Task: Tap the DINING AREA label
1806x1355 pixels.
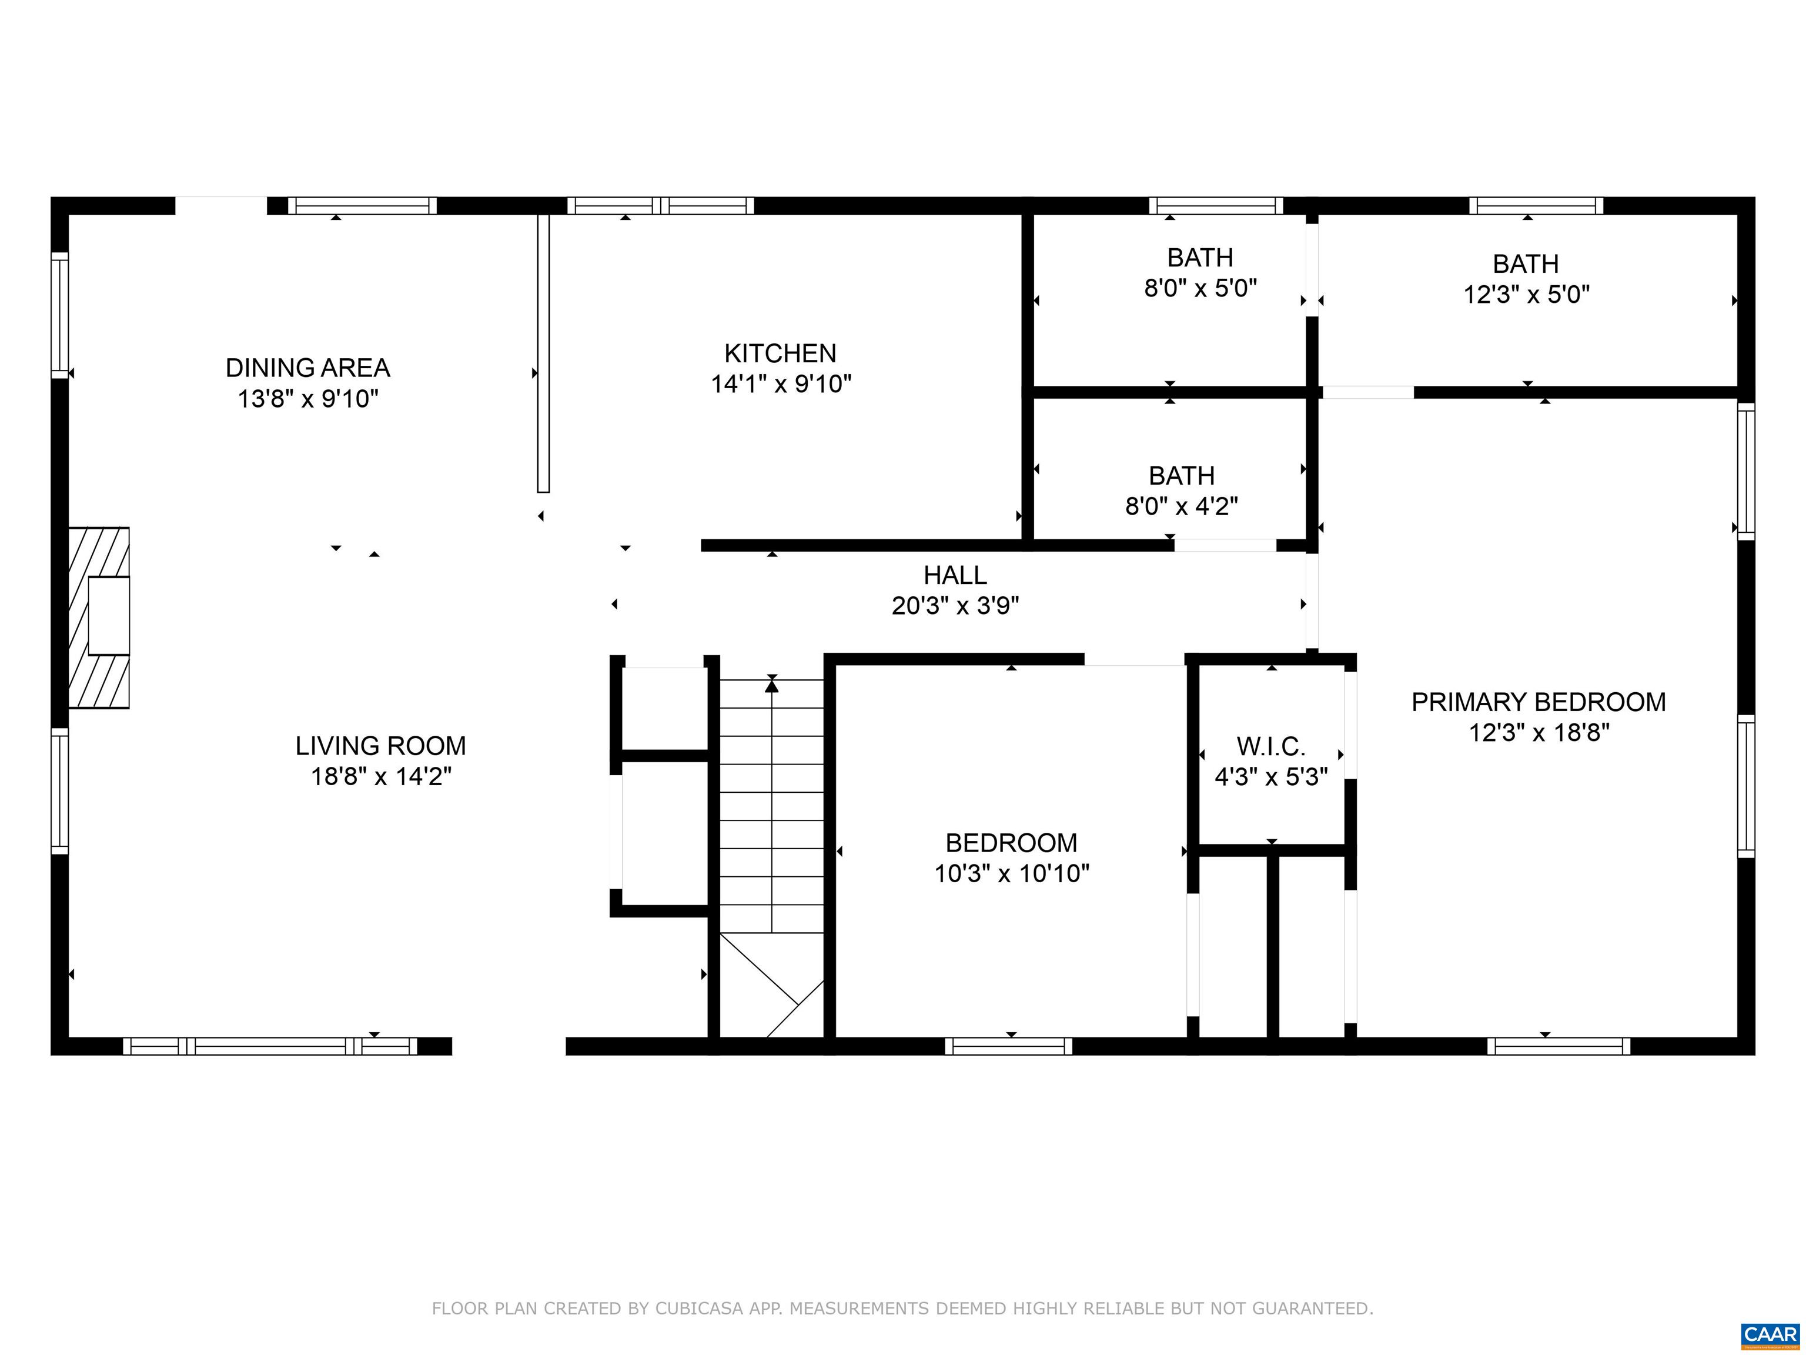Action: point(308,368)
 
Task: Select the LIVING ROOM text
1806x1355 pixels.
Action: point(380,746)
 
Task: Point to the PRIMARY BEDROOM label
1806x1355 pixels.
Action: point(1538,702)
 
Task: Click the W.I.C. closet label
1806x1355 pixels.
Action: point(1271,746)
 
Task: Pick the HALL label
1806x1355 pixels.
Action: point(955,576)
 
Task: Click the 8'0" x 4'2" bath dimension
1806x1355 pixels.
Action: point(1182,506)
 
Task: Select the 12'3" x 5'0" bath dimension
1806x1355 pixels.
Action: point(1526,294)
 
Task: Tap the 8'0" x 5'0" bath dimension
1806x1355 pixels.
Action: point(1200,288)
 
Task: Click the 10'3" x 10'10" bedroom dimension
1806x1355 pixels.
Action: point(1012,874)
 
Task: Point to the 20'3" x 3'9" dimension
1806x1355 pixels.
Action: point(955,606)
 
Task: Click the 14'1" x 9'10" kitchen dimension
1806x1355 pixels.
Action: point(781,384)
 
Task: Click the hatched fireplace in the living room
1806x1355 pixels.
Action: point(98,617)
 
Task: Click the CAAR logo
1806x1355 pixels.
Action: point(1770,1334)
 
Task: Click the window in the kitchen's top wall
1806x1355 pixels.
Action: point(661,206)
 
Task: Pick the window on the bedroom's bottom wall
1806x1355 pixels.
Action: point(1009,1046)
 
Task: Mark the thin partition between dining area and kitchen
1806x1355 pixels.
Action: point(543,353)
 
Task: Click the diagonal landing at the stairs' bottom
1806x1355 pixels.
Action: point(771,985)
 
